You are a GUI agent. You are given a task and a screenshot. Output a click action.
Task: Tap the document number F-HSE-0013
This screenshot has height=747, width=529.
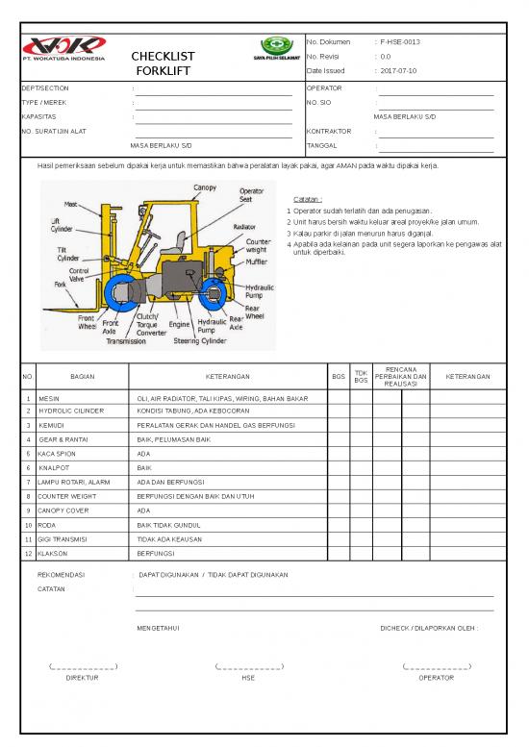click(400, 42)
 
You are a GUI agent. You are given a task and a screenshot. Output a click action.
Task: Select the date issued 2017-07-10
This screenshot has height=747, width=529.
click(400, 71)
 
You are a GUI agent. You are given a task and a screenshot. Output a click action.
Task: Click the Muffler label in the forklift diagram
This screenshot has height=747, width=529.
click(257, 261)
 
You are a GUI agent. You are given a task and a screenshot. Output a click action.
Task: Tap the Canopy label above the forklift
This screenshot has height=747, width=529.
click(205, 187)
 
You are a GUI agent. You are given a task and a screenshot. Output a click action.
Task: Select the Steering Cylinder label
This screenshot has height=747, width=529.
click(200, 340)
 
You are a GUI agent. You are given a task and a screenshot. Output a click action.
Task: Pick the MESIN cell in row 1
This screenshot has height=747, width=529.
click(50, 397)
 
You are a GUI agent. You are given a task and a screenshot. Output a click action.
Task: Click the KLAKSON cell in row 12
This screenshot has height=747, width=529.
click(55, 554)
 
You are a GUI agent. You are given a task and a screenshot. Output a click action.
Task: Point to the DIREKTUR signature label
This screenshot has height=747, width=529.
click(82, 678)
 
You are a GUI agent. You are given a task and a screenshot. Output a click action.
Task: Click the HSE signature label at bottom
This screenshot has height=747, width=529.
click(248, 678)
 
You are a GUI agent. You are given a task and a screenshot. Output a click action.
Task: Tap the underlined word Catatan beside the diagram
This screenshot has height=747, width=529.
click(308, 199)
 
